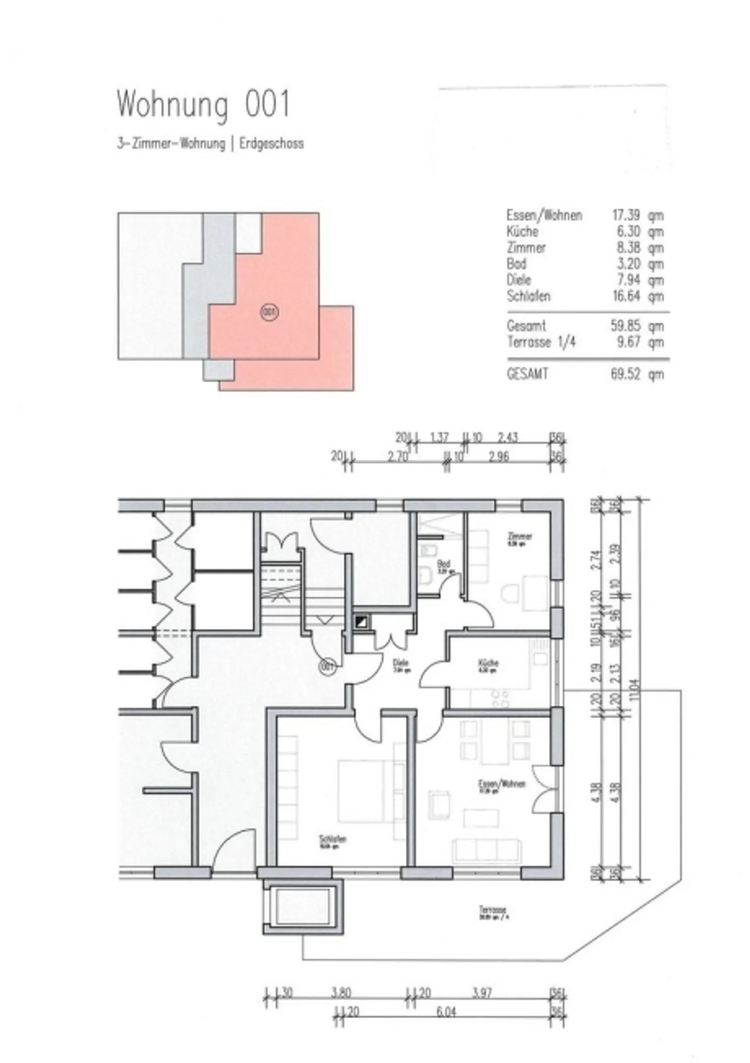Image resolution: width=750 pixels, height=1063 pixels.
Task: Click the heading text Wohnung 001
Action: click(203, 105)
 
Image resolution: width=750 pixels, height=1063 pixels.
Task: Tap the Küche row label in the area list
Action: click(522, 231)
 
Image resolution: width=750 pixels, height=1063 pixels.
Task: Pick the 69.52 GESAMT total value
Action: click(625, 374)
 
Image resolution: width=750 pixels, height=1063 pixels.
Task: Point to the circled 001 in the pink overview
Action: click(269, 312)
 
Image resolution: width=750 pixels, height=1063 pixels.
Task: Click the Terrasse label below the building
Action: click(493, 910)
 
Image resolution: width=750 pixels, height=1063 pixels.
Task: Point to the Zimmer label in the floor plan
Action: click(519, 536)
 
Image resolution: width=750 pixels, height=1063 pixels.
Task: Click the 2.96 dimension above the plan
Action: click(498, 457)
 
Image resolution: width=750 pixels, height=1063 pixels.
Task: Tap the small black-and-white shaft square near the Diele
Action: click(361, 621)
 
